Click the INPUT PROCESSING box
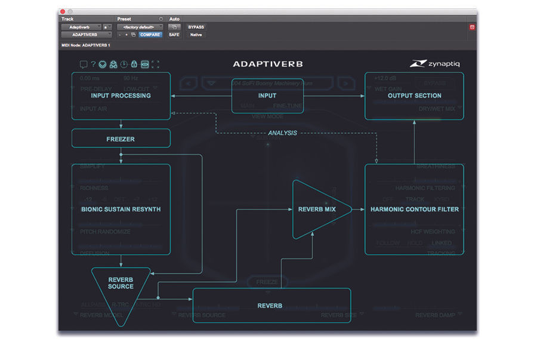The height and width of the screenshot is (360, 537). (121, 96)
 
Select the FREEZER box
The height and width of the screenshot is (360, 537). (121, 139)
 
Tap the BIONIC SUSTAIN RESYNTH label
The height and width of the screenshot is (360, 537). (121, 210)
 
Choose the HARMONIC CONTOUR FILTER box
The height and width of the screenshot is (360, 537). (414, 210)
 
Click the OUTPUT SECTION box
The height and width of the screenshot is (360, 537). (414, 96)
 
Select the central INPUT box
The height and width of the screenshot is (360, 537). (267, 96)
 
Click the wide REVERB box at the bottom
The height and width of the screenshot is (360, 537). (271, 306)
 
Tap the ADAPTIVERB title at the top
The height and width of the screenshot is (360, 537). (267, 64)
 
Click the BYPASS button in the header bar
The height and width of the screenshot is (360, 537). (196, 27)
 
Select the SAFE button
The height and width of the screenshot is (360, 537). (174, 35)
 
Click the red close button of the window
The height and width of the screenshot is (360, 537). (63, 11)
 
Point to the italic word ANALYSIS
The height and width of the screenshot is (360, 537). (282, 133)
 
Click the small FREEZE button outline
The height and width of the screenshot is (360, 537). (267, 282)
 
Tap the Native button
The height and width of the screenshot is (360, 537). (196, 35)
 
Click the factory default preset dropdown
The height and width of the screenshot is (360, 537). (139, 27)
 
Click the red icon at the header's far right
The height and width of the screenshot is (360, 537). (471, 27)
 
